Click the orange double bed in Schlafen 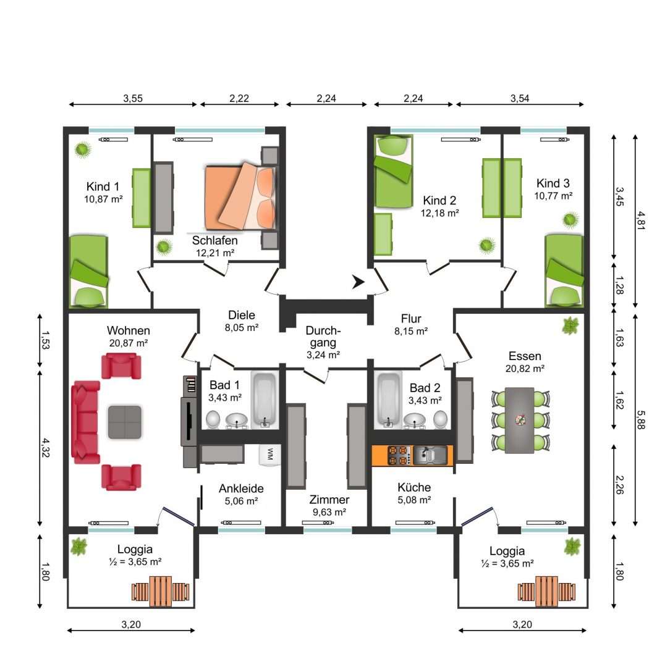[240, 197]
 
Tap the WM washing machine [269, 455]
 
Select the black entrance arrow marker [358, 282]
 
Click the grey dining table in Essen [519, 421]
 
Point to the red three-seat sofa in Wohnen [85, 422]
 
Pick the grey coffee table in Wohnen [124, 422]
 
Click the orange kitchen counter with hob [412, 455]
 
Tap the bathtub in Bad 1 [265, 400]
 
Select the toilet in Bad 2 [441, 419]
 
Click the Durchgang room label [323, 337]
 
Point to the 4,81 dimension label [642, 220]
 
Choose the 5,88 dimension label [641, 419]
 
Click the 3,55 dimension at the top [133, 98]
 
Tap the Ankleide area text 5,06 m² [242, 501]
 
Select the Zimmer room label [329, 500]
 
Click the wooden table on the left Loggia [161, 591]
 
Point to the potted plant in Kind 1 [83, 149]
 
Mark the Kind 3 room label [553, 183]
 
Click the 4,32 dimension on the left [46, 448]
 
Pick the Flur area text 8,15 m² [411, 331]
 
